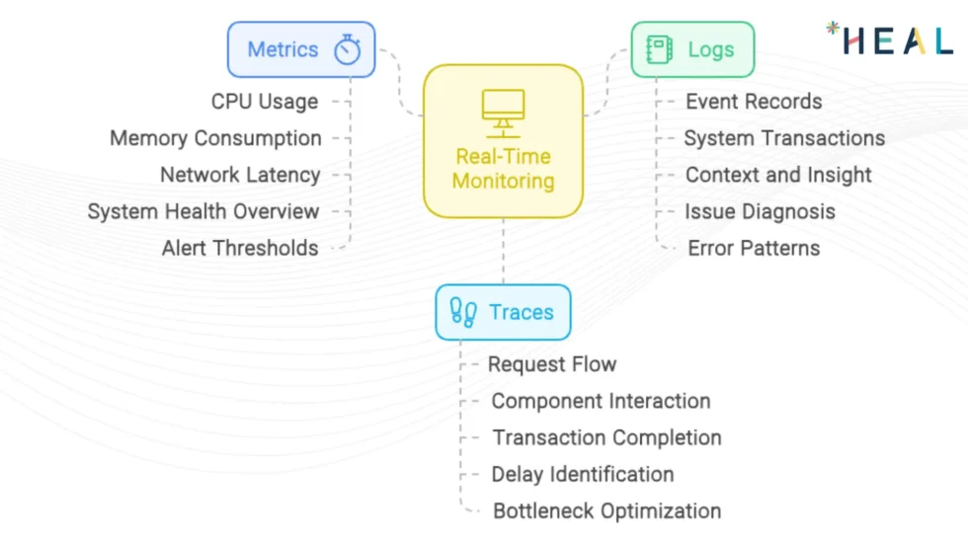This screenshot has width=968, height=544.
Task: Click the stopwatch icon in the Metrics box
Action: [347, 49]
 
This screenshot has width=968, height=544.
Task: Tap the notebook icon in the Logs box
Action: [659, 49]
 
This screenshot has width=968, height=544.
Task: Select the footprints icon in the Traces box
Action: [464, 313]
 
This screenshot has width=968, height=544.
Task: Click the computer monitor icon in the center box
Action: [503, 113]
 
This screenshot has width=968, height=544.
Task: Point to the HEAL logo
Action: [889, 39]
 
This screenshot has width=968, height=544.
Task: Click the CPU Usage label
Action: [265, 102]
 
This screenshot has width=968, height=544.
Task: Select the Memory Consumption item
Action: [215, 138]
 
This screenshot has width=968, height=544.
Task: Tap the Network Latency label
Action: [240, 175]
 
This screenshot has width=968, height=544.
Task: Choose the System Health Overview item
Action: [203, 211]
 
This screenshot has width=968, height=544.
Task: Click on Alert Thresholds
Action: [240, 248]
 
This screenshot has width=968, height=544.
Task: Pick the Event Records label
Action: [754, 102]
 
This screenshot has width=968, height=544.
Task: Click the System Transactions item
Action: [784, 138]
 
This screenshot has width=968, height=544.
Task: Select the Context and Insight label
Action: [778, 175]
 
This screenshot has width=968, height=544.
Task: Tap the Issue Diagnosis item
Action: [760, 211]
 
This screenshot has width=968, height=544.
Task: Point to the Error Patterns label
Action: [754, 248]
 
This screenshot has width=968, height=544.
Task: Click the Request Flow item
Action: [552, 364]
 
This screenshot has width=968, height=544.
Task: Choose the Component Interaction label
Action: [601, 401]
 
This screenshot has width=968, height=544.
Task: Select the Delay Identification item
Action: [583, 474]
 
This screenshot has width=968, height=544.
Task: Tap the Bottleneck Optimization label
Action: [606, 510]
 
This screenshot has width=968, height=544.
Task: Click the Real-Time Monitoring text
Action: [503, 169]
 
